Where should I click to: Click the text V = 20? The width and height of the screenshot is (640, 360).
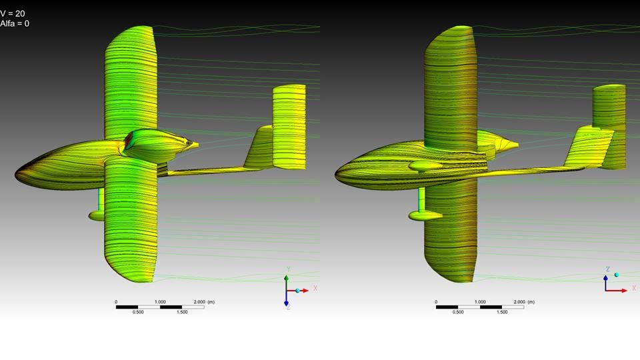(13, 13)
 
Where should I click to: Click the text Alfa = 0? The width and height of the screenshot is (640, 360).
(15, 24)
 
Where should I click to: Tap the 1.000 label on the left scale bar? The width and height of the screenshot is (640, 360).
(160, 302)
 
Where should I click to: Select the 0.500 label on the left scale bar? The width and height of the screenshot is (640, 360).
(138, 312)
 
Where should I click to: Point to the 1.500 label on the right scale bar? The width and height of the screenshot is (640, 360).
(502, 312)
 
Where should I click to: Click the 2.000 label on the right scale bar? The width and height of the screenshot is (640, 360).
(519, 302)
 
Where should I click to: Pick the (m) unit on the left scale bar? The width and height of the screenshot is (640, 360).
(211, 302)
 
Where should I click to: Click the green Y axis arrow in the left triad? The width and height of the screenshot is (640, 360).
(287, 283)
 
